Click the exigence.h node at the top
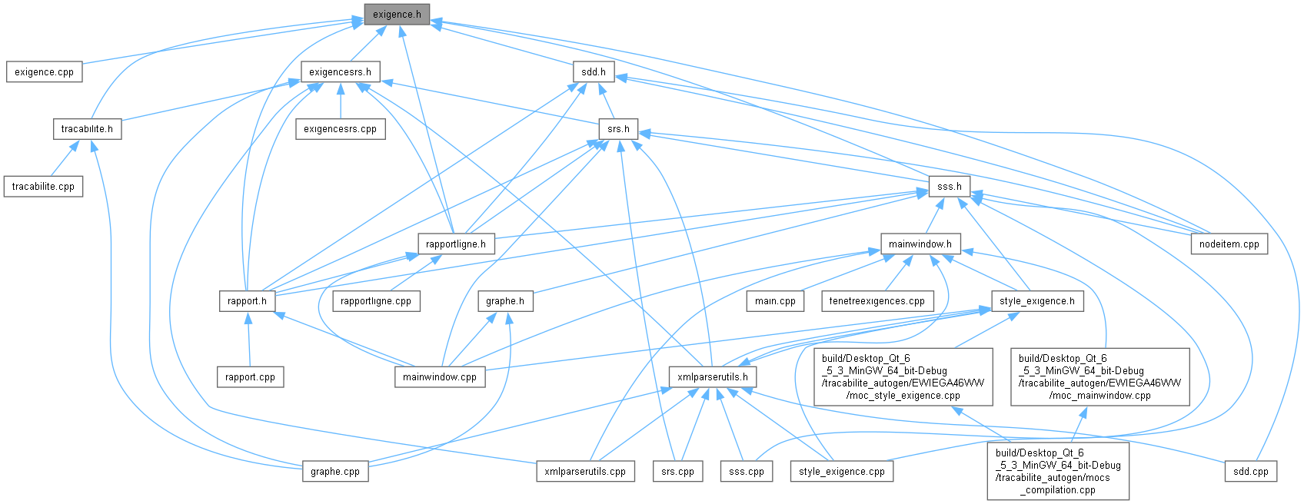point(397,15)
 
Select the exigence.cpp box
point(44,72)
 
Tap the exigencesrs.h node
point(340,72)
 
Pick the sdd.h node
point(593,72)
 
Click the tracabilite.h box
point(87,129)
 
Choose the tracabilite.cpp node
point(43,187)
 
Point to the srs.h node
point(618,129)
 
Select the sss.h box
point(949,187)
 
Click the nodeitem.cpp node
point(1229,244)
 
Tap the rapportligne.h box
point(456,244)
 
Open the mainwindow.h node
point(920,244)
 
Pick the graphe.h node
point(505,301)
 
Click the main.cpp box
point(775,301)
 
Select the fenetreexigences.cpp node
point(877,301)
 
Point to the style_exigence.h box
point(1037,301)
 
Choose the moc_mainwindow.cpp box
point(1099,377)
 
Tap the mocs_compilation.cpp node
point(1058,471)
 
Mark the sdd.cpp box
point(1250,471)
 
